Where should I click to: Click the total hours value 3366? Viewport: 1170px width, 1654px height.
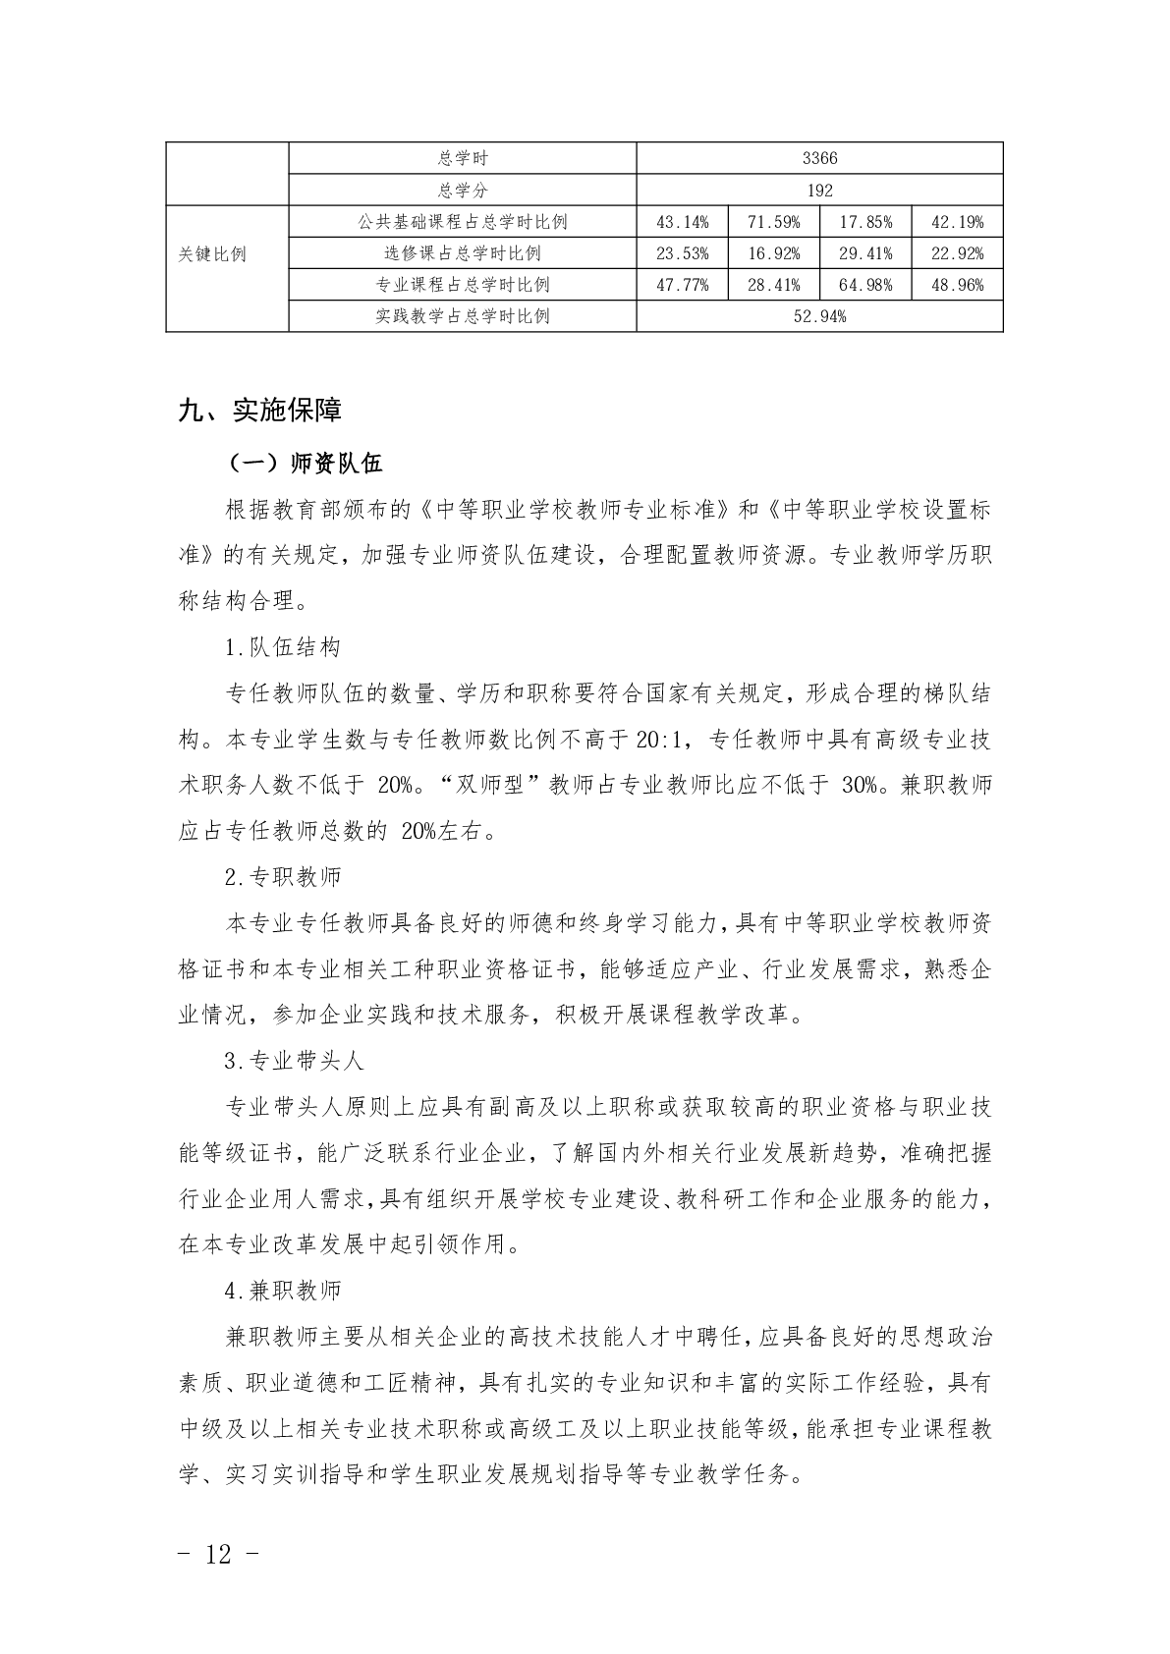click(819, 158)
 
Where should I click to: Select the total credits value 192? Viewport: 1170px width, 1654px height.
click(819, 190)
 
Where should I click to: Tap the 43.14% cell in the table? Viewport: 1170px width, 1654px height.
click(682, 222)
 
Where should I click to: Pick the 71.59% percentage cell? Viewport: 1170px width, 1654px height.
click(773, 222)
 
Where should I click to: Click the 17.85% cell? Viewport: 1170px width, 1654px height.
click(865, 222)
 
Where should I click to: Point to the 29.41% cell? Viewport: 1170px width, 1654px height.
click(865, 253)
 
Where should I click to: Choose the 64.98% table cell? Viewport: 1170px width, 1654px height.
click(865, 285)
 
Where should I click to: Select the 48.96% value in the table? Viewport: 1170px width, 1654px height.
click(957, 285)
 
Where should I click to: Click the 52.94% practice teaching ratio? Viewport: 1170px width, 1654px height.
click(819, 316)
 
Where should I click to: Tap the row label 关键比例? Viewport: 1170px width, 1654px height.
click(212, 253)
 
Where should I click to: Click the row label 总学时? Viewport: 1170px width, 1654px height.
click(463, 158)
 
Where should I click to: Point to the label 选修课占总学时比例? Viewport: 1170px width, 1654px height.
click(463, 253)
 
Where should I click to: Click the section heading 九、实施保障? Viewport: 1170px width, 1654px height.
click(259, 410)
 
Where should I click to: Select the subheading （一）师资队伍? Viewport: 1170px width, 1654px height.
click(304, 463)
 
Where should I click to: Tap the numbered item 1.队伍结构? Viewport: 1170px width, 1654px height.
click(283, 648)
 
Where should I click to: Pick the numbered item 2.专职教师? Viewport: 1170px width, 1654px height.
click(283, 876)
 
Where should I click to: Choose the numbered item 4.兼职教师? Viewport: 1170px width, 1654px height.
click(283, 1290)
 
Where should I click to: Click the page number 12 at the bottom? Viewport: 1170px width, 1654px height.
click(219, 1555)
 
